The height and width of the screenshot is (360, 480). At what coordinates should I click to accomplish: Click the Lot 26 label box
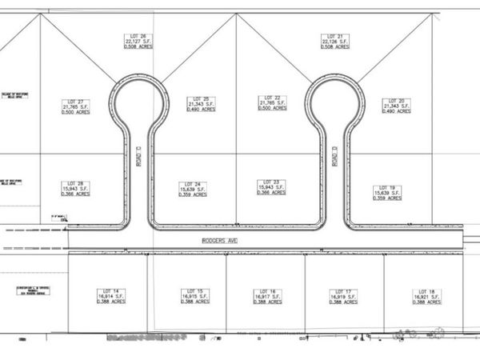point(136,42)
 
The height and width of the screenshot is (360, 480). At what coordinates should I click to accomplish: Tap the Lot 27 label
point(75,106)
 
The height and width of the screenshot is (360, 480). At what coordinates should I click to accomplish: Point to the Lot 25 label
point(202,104)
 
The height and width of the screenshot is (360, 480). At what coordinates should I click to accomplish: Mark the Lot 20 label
point(397,105)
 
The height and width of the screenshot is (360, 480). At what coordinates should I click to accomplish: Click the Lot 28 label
point(75,189)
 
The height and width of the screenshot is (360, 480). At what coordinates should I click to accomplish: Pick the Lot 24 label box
point(193,189)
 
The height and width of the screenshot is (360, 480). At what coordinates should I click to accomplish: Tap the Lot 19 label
point(387,192)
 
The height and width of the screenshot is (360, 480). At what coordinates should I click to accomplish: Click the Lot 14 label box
point(111,296)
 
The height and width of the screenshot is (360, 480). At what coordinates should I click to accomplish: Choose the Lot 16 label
point(267,296)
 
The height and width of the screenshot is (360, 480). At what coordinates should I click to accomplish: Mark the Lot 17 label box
point(343,296)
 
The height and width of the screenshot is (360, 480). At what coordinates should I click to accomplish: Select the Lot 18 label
point(427,296)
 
